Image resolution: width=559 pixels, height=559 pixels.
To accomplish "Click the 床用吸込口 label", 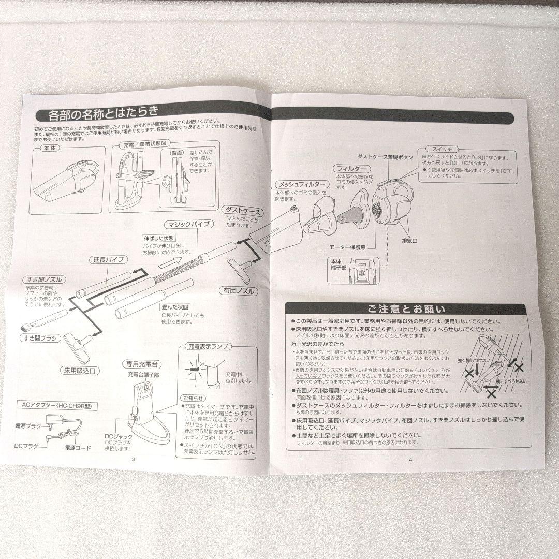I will pyautogui.click(x=83, y=371).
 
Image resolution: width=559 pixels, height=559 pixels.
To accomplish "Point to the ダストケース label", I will pyautogui.click(x=243, y=212).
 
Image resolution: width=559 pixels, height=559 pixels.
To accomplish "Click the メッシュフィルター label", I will pyautogui.click(x=302, y=185).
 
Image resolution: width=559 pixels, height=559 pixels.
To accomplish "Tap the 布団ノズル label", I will pyautogui.click(x=238, y=291).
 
